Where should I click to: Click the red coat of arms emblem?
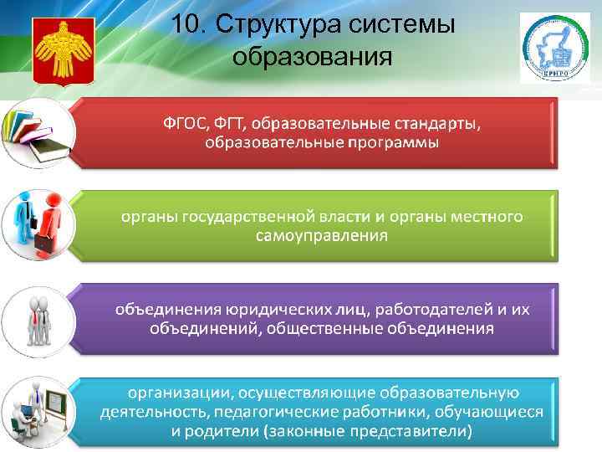tap(58, 50)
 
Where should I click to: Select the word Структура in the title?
tap(274, 24)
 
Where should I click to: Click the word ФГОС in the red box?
tap(186, 124)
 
